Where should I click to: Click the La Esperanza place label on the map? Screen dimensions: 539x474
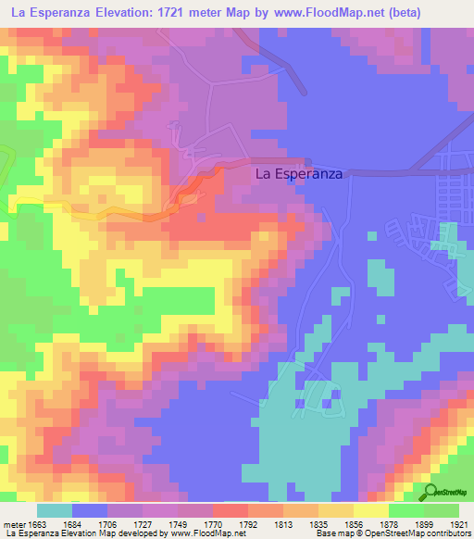298,173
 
